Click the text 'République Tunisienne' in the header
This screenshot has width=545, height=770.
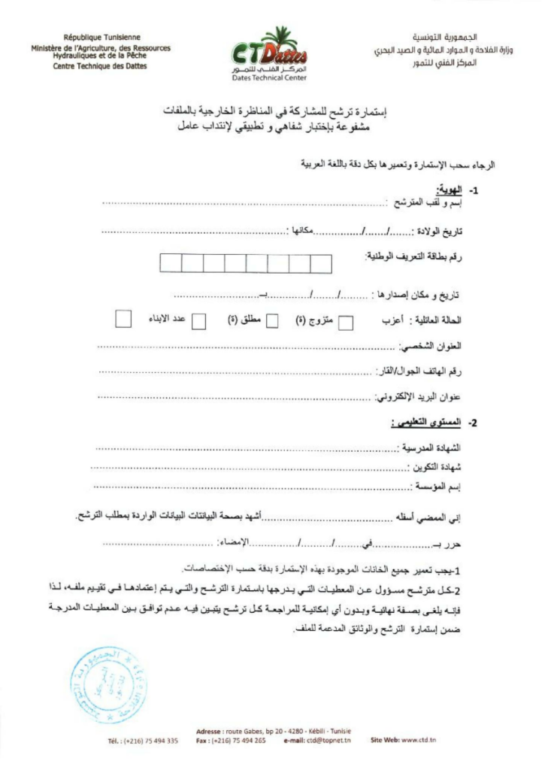tap(101, 37)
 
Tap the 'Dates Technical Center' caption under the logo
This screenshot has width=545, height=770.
tap(268, 77)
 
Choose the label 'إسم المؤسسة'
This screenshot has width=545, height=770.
tap(438, 487)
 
